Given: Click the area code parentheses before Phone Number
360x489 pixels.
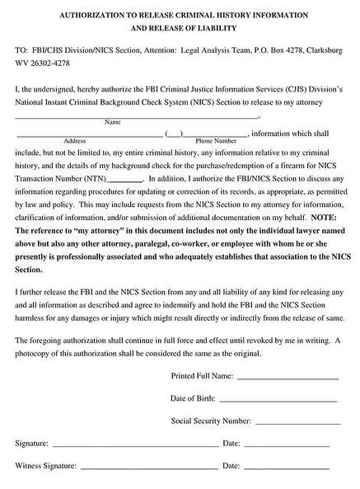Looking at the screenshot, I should click(173, 133).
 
